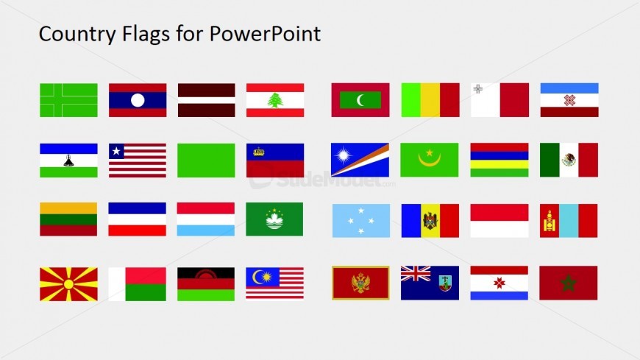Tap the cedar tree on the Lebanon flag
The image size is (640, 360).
[x=275, y=100]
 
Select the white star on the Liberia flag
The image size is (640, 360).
[x=115, y=151]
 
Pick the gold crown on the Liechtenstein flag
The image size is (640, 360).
[x=258, y=152]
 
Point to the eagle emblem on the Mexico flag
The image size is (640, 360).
[x=569, y=160]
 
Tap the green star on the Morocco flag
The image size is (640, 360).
[x=568, y=283]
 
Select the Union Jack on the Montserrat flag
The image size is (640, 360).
[x=416, y=275]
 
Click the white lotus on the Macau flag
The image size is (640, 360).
[x=274, y=218]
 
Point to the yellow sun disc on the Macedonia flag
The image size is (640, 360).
[x=68, y=283]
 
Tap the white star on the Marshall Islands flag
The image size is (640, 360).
[x=344, y=156]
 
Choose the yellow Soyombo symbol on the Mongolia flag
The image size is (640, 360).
[x=549, y=221]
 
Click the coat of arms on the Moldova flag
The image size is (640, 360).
[x=430, y=221]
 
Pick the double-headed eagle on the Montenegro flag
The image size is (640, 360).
[x=360, y=283]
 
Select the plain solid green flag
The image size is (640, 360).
[x=206, y=160]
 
